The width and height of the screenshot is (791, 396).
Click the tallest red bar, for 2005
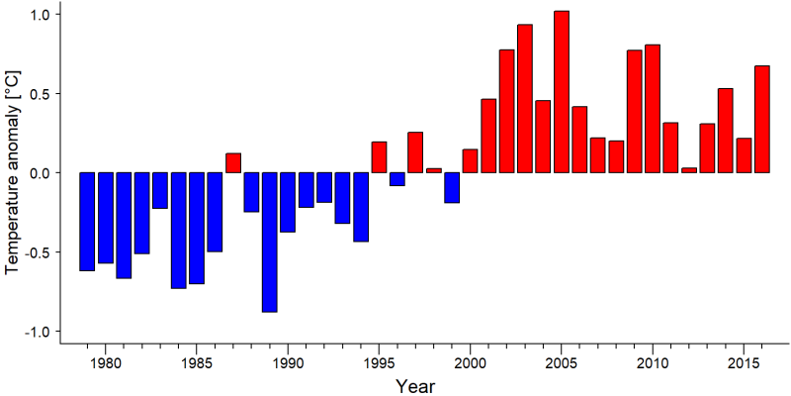coord(562,92)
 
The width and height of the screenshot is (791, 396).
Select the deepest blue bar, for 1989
coord(269,243)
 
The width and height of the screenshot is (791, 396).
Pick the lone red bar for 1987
coord(233,162)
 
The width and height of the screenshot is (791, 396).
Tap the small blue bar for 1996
coord(397,179)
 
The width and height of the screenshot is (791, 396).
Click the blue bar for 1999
coord(452,187)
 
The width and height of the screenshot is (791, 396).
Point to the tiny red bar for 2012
coord(689,170)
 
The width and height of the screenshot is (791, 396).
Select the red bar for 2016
coord(762,119)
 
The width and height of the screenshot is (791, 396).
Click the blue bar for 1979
coord(87,222)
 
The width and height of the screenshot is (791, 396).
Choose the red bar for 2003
coord(525,98)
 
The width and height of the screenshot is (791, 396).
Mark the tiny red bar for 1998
coord(434,170)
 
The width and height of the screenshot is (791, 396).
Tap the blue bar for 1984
coord(179,231)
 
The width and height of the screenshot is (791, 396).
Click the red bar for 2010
coord(653,109)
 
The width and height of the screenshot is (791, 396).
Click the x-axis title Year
coord(414,386)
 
